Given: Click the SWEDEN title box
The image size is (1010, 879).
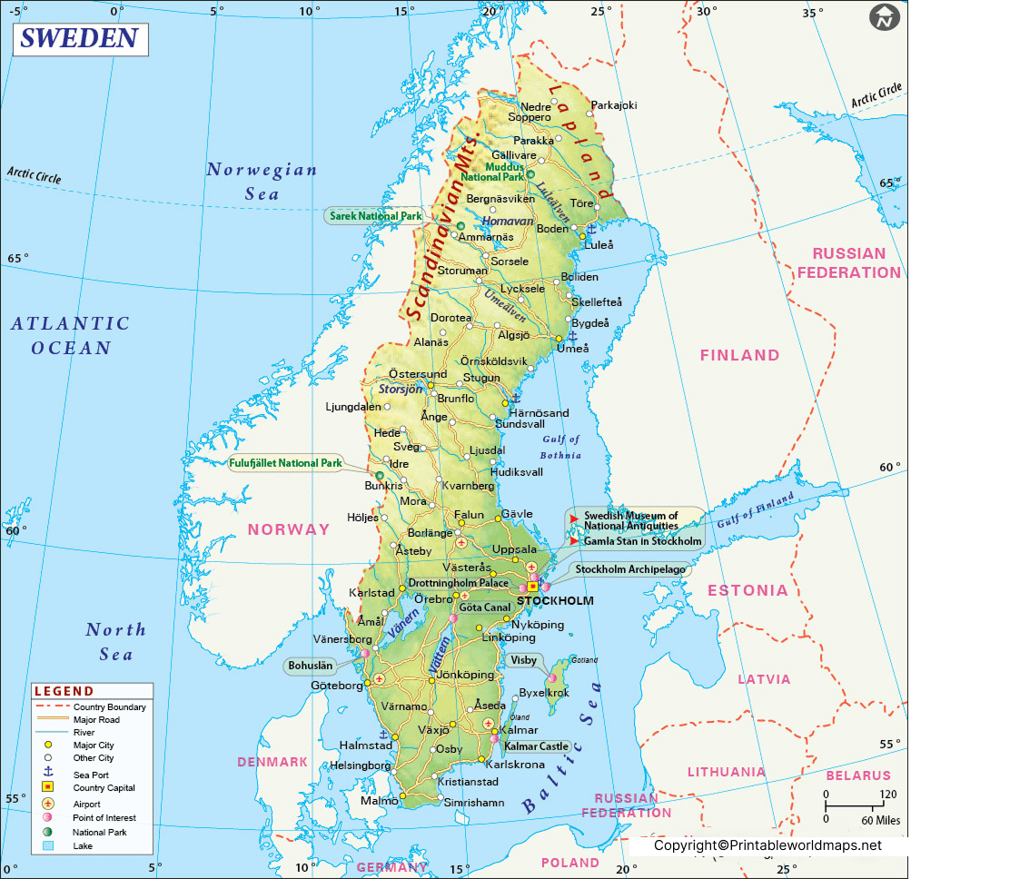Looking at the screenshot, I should click(79, 39).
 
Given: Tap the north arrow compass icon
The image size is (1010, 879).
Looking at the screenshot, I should click(884, 17).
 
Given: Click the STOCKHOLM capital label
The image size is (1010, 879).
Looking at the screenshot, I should click(555, 601).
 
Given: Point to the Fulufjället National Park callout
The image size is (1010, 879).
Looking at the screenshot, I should click(285, 463).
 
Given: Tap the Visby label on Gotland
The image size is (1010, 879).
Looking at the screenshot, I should click(524, 661).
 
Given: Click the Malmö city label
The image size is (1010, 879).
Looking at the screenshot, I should click(379, 801).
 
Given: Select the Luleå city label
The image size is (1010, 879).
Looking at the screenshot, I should click(599, 245).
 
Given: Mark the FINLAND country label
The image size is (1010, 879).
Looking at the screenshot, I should click(739, 356).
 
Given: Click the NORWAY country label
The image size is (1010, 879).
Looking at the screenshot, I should click(289, 529).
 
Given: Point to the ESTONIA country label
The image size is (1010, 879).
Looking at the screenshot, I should click(748, 590).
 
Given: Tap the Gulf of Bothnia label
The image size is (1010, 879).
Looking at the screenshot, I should click(560, 447).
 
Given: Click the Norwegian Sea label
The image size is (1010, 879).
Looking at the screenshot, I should click(262, 181).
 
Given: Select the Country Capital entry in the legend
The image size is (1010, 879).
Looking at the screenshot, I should click(104, 788).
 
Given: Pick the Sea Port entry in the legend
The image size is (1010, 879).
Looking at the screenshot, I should click(91, 775).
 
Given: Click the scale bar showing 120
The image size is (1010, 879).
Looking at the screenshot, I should click(855, 804).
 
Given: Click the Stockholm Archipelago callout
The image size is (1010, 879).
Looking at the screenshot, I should click(630, 570).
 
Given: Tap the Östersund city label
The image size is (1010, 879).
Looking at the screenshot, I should click(417, 374).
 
